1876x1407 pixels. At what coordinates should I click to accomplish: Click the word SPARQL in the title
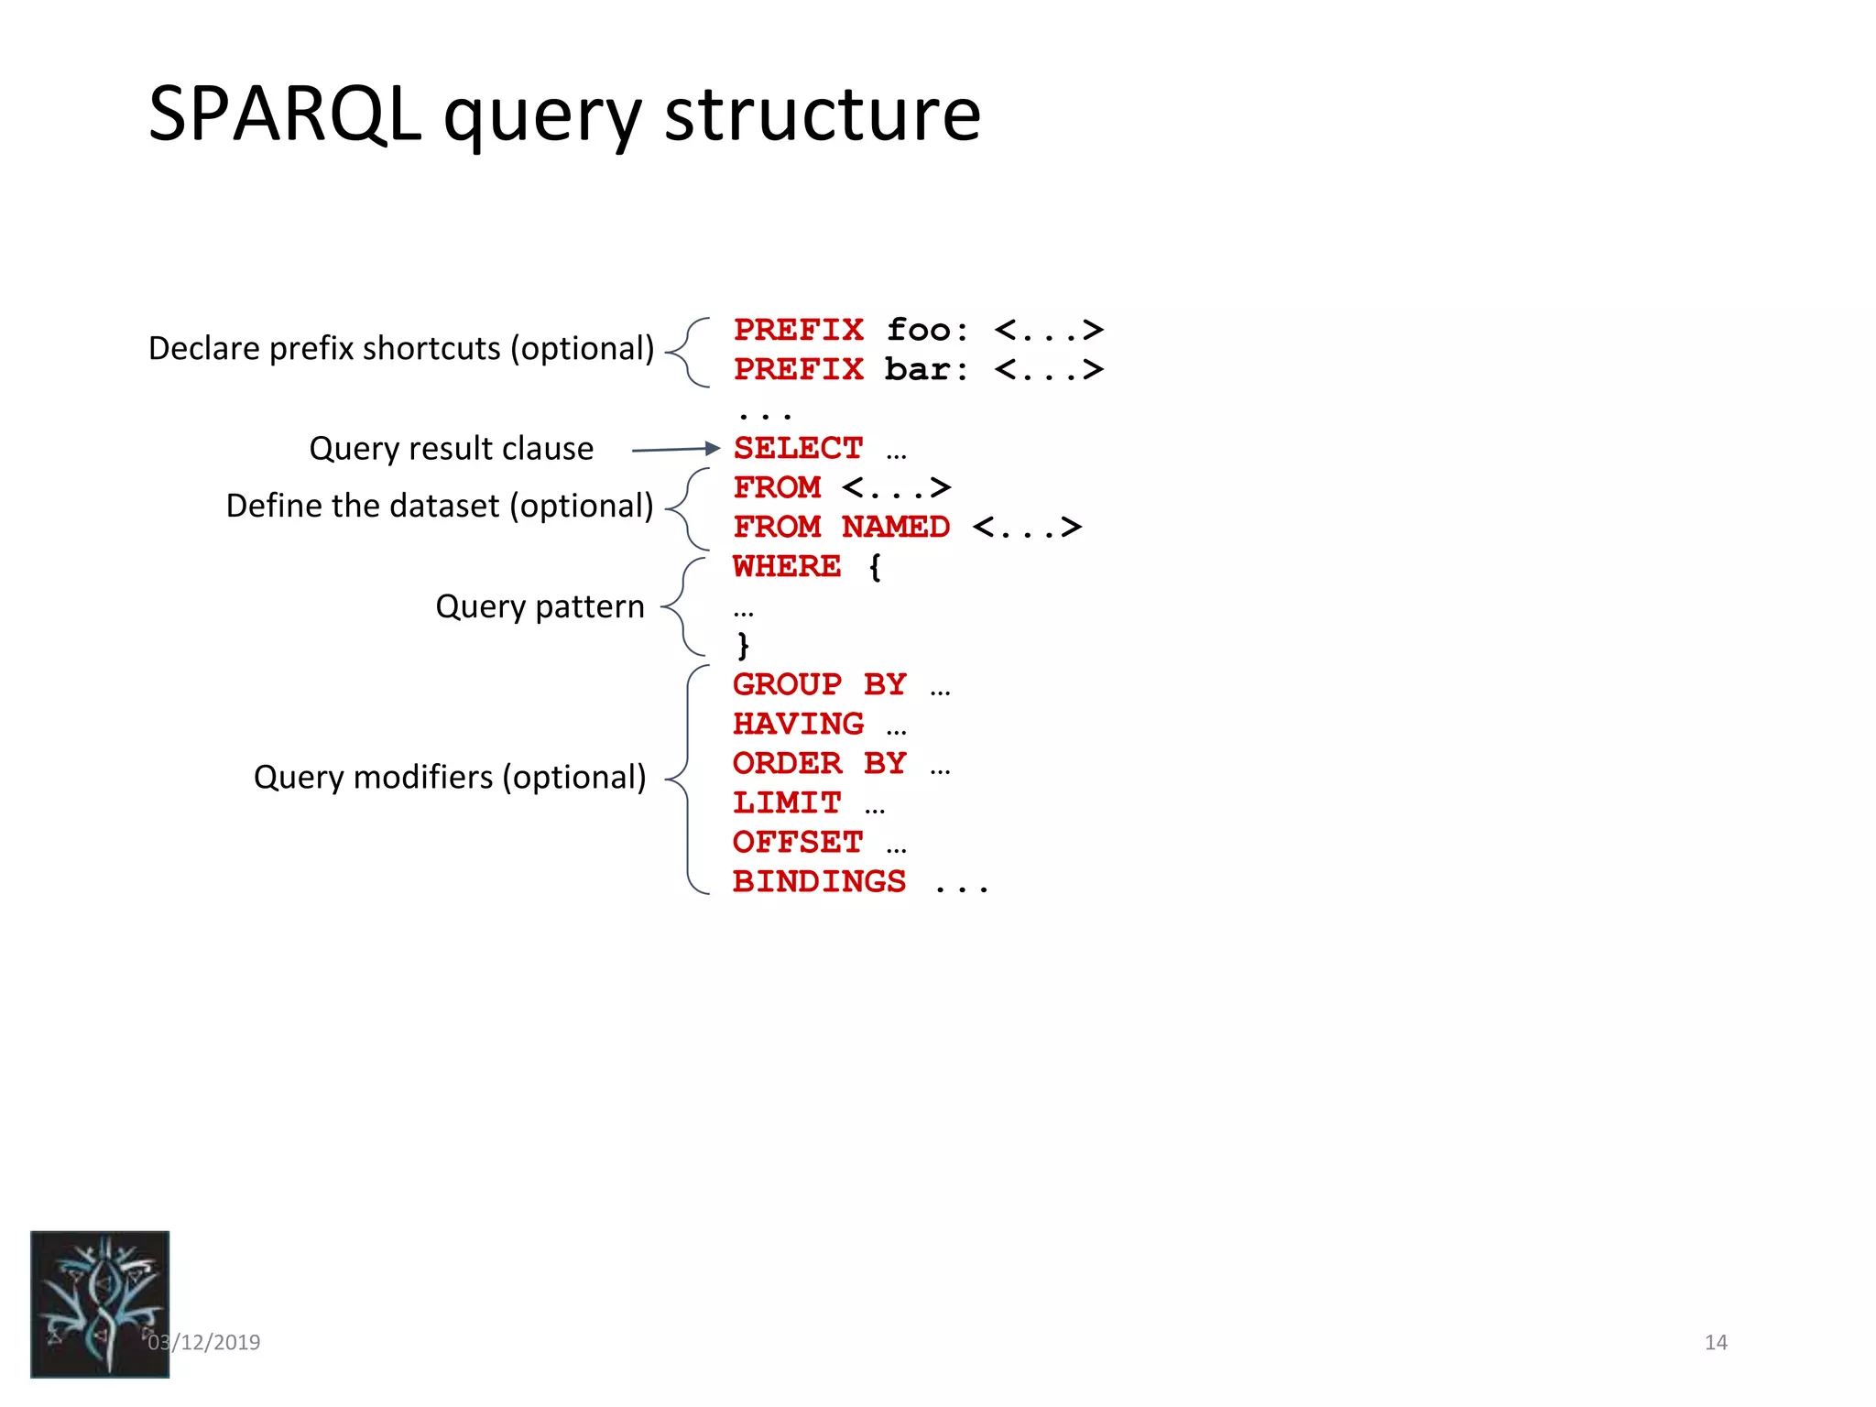[x=284, y=115]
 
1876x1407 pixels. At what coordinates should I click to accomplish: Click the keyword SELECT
[x=798, y=449]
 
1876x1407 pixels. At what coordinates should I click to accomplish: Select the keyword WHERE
[x=786, y=567]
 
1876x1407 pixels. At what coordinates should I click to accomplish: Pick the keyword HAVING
[x=798, y=725]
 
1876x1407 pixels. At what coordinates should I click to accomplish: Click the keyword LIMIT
[x=786, y=803]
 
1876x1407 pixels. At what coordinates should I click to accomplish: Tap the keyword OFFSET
[x=798, y=843]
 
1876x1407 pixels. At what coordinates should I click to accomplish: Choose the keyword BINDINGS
[x=819, y=882]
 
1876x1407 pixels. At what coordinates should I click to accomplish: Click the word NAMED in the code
[x=895, y=528]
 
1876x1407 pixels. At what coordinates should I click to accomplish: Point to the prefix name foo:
[x=926, y=330]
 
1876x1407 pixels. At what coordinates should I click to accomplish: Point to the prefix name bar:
[x=925, y=370]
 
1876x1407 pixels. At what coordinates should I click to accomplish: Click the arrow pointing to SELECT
[x=676, y=449]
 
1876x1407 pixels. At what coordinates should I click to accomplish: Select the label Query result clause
[x=451, y=449]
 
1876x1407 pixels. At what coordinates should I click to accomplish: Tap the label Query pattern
[x=540, y=606]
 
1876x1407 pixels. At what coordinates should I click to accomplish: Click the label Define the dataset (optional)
[x=440, y=506]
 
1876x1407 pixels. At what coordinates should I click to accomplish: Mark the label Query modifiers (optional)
[x=449, y=777]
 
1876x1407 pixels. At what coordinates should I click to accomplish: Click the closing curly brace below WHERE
[x=743, y=646]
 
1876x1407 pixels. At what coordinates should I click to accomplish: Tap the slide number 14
[x=1715, y=1342]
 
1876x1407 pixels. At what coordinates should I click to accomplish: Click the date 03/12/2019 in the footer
[x=204, y=1342]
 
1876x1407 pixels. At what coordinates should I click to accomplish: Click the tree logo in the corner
[x=100, y=1303]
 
